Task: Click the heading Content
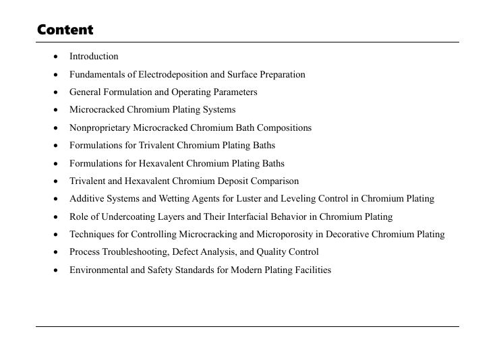(65, 30)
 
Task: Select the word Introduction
(94, 57)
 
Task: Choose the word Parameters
(234, 92)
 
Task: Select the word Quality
(268, 252)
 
